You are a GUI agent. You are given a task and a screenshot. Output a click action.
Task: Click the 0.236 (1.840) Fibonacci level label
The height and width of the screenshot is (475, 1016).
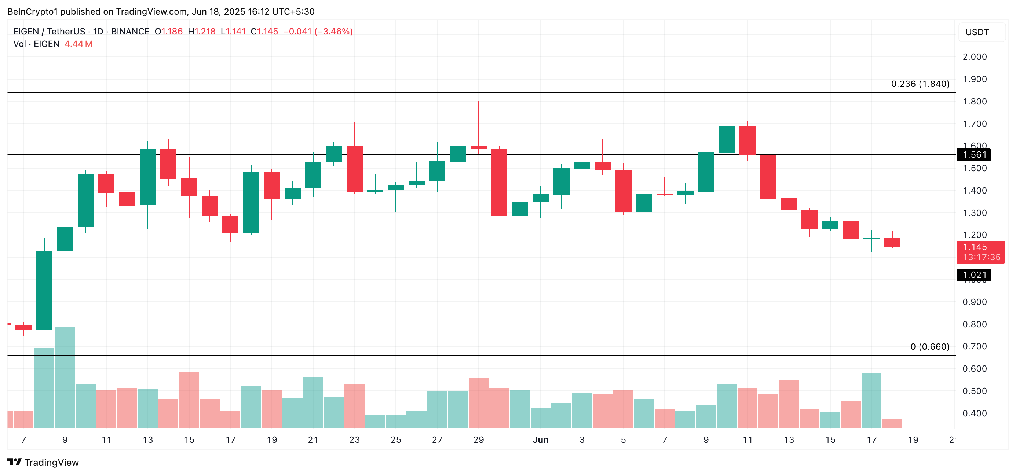tap(920, 84)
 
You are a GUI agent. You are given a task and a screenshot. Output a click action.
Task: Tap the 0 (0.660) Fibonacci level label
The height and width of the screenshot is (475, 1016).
tap(930, 346)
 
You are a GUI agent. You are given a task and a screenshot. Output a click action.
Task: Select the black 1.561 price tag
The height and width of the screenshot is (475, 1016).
tap(973, 155)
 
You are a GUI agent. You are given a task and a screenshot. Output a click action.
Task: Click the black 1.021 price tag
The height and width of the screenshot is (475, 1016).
tap(973, 275)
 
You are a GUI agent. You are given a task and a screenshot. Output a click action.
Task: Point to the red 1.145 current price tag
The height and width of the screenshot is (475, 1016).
tap(980, 252)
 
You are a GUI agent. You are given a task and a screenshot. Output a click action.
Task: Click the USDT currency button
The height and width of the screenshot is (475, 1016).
tap(977, 32)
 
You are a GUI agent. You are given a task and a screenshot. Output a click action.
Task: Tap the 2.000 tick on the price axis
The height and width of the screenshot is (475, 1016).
tap(975, 57)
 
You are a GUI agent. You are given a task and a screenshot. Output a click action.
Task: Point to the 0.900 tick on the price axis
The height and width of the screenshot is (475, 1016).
tap(975, 302)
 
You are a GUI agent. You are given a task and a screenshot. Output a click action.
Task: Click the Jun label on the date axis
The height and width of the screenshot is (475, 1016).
tap(540, 439)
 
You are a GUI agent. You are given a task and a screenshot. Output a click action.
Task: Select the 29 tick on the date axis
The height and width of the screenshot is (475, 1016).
tap(478, 439)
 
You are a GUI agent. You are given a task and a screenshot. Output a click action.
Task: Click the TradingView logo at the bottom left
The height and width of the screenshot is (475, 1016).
tap(43, 463)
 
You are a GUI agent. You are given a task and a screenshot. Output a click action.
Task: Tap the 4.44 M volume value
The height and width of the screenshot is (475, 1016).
tap(78, 44)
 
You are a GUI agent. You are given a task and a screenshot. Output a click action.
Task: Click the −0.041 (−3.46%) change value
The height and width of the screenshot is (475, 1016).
tap(318, 32)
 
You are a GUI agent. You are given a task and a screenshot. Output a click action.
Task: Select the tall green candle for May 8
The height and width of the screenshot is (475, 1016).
tap(44, 290)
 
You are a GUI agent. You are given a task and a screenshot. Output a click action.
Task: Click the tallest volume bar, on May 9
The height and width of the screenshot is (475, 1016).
tap(65, 377)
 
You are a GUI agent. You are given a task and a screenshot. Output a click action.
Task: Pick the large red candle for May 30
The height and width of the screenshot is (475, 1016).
tap(499, 182)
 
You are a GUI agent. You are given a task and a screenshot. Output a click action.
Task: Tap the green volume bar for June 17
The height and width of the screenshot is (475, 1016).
tap(871, 401)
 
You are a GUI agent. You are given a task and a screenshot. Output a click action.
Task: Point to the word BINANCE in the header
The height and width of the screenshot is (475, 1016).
tap(130, 32)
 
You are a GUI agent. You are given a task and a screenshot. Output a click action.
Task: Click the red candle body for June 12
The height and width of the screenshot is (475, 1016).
tap(768, 177)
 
